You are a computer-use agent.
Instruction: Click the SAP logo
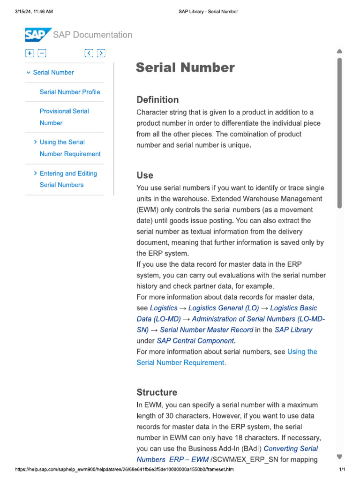click(x=37, y=35)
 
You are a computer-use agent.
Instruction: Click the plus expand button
click(x=30, y=53)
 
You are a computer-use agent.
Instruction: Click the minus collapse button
click(x=42, y=53)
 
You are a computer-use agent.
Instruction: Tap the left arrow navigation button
click(x=89, y=53)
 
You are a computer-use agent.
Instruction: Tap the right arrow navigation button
click(x=101, y=53)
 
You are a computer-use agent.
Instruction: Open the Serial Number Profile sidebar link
click(x=70, y=92)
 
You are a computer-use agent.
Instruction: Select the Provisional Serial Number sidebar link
click(x=64, y=117)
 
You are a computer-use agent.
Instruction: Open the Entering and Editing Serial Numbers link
click(x=68, y=179)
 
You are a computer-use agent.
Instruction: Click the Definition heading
click(x=157, y=99)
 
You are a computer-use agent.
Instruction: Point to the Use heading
click(x=145, y=175)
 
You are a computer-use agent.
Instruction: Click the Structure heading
click(x=157, y=392)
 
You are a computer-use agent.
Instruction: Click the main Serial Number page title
click(x=185, y=68)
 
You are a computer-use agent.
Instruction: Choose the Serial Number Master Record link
click(x=206, y=330)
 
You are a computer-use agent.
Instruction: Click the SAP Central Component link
click(x=195, y=341)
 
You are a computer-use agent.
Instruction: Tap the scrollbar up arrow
click(x=339, y=51)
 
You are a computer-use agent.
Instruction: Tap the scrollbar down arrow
click(x=339, y=457)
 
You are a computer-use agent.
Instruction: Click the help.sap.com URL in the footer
click(x=124, y=469)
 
